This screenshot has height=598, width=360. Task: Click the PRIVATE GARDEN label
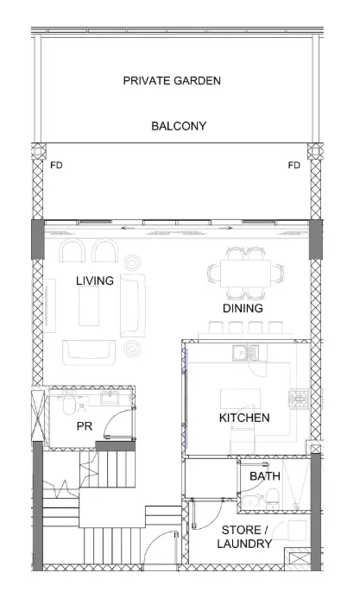coord(172,81)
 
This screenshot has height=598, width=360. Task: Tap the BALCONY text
coord(179,126)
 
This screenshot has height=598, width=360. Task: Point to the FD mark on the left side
coord(56,165)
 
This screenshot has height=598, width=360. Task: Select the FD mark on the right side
coord(294,165)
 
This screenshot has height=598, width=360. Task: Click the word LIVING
coord(95,280)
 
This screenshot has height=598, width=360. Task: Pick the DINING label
coord(243,308)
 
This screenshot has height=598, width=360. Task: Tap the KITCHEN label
coord(244,418)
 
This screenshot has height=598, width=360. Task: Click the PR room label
coord(85,426)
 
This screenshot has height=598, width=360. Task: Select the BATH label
coord(265,476)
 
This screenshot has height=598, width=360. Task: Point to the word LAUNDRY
coord(244,544)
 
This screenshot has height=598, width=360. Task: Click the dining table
coord(245,273)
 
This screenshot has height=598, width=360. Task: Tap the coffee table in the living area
coord(89,305)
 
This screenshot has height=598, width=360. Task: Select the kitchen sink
coord(245,353)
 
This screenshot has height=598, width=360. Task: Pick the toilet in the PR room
coord(69,404)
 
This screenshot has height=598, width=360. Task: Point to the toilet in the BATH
coord(273,499)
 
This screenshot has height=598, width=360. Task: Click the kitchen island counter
coord(240,399)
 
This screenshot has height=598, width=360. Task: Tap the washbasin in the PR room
coord(110,397)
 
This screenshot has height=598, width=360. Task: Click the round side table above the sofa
coord(132,262)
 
